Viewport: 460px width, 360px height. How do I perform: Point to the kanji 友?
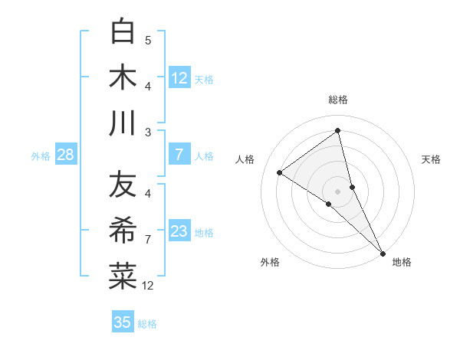pyautogui.click(x=123, y=185)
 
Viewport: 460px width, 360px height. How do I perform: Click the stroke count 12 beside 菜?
pyautogui.click(x=148, y=286)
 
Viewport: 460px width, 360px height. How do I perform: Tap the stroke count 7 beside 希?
pyautogui.click(x=148, y=240)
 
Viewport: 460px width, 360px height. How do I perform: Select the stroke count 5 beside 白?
pyautogui.click(x=148, y=40)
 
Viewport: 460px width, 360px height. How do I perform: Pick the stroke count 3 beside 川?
pyautogui.click(x=148, y=132)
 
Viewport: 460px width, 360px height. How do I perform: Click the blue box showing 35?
pyautogui.click(x=123, y=322)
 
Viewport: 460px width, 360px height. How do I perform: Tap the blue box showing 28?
pyautogui.click(x=65, y=155)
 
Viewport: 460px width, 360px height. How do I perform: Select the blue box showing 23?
pyautogui.click(x=179, y=231)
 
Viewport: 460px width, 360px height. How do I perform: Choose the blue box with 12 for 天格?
pyautogui.click(x=179, y=77)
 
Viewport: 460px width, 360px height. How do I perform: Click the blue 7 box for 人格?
pyautogui.click(x=179, y=155)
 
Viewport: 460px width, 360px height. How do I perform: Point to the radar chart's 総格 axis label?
pyautogui.click(x=338, y=100)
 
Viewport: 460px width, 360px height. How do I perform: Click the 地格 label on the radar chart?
pyautogui.click(x=402, y=262)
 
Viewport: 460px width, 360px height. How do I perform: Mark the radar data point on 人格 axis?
pyautogui.click(x=280, y=173)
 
